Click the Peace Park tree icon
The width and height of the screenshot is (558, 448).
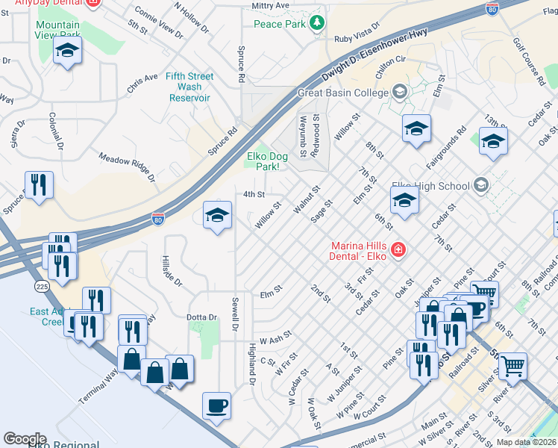tap(318, 24)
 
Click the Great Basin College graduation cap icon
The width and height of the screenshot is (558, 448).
tap(400, 93)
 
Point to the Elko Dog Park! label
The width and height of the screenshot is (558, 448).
tap(267, 161)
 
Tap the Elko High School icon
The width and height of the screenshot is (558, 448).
tap(480, 185)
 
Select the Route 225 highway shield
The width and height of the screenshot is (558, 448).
tap(41, 286)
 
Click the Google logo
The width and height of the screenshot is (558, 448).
tap(25, 439)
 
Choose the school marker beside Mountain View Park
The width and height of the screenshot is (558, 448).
tap(67, 52)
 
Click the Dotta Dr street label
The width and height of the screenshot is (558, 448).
tap(201, 317)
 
